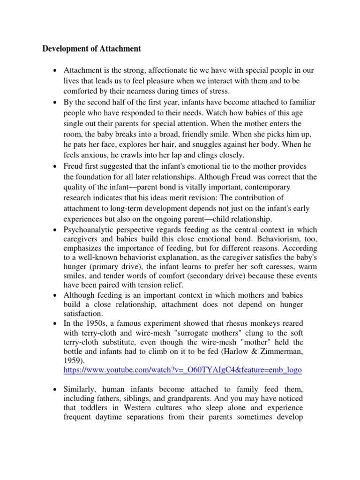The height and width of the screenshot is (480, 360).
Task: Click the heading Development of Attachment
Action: click(91, 48)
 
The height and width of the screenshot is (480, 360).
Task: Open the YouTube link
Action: click(182, 370)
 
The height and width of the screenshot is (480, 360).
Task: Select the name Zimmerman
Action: click(294, 352)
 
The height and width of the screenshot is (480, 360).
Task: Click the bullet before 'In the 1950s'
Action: click(56, 323)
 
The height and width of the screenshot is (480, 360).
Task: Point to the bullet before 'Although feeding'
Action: click(56, 295)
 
